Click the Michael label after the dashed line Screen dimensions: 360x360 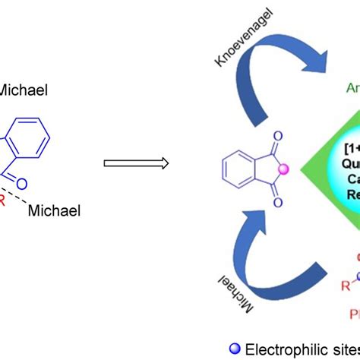point(55,209)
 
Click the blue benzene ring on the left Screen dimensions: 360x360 point(30,137)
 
